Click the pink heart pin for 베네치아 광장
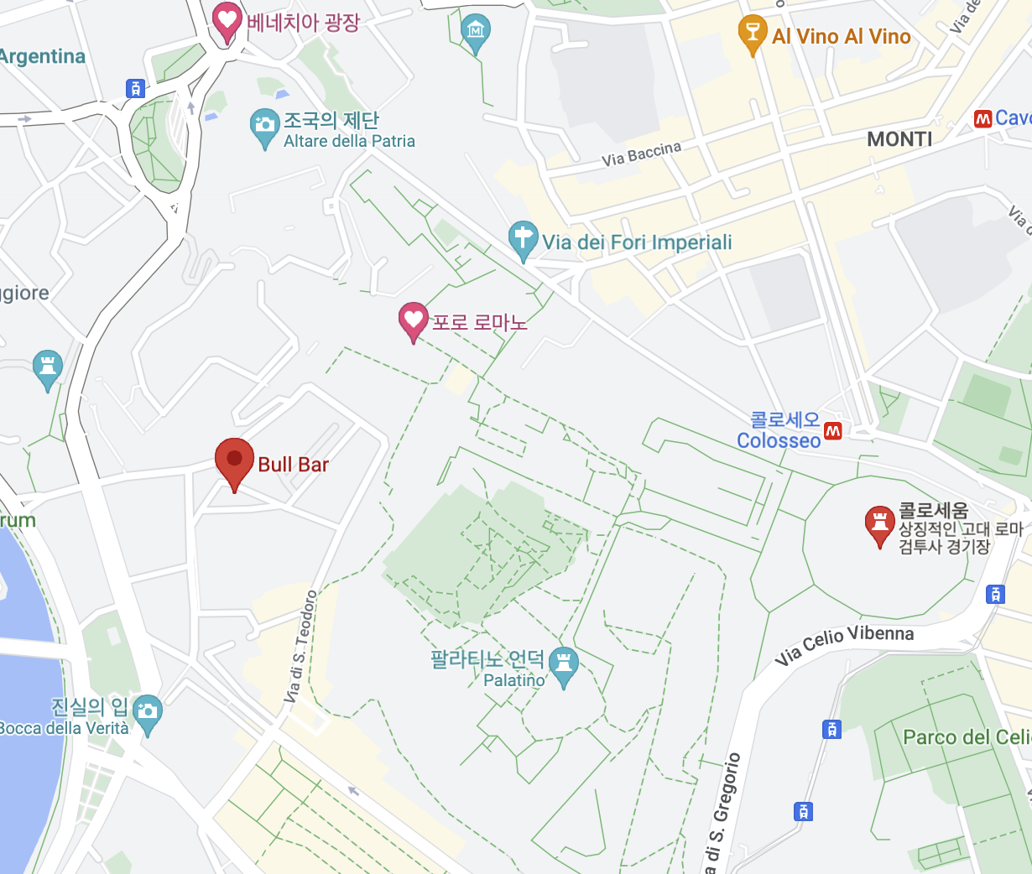pyautogui.click(x=227, y=21)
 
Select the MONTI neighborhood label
pyautogui.click(x=899, y=139)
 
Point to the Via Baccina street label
pyautogui.click(x=641, y=153)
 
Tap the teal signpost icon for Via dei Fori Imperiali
pyautogui.click(x=523, y=240)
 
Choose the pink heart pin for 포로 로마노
pyautogui.click(x=412, y=320)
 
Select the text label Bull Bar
pyautogui.click(x=293, y=465)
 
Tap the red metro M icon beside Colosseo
pyautogui.click(x=833, y=431)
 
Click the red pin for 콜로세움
pyautogui.click(x=879, y=524)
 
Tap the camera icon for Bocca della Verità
pyautogui.click(x=148, y=713)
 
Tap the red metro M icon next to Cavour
pyautogui.click(x=982, y=119)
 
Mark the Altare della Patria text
pyautogui.click(x=349, y=142)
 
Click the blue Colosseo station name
pyautogui.click(x=779, y=441)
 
